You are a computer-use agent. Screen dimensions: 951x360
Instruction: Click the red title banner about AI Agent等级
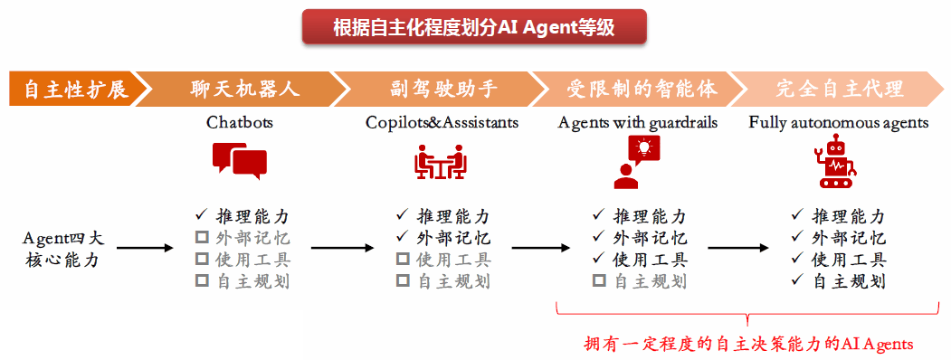474,27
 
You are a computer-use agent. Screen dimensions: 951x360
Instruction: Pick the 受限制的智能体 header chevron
641,89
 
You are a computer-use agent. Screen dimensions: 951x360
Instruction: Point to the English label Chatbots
240,123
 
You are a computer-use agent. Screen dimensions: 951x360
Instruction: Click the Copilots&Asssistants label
442,123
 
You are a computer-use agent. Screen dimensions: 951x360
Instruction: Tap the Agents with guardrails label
637,123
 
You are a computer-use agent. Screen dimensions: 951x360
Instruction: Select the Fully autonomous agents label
839,123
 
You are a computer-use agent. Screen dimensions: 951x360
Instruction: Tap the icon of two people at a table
441,161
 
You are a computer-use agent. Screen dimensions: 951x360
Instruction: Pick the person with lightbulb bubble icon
636,162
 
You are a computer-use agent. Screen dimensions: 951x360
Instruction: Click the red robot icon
837,161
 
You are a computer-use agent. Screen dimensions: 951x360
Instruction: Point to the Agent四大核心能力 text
64,249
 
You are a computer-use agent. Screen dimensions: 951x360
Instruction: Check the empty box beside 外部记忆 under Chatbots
202,238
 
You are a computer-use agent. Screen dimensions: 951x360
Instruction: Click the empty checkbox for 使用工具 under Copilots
402,260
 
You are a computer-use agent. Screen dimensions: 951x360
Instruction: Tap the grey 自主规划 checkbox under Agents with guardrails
599,281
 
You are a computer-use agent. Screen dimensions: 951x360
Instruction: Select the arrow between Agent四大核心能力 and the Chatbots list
145,248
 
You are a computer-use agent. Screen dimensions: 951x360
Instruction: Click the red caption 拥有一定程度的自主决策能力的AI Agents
747,345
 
